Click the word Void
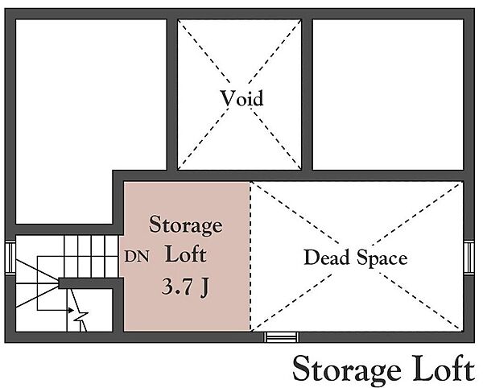(x=242, y=98)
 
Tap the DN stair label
(x=137, y=256)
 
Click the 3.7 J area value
(x=185, y=287)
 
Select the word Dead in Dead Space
(x=327, y=258)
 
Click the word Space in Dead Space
(x=382, y=259)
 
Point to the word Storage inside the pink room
(x=185, y=225)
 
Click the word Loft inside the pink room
(x=186, y=254)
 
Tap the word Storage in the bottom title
(x=347, y=369)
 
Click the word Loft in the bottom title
(x=444, y=368)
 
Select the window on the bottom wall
(x=281, y=337)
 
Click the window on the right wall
(x=469, y=258)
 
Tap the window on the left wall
(x=10, y=258)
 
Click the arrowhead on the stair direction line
(x=71, y=310)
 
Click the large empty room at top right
(x=388, y=94)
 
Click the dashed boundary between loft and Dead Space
(x=250, y=256)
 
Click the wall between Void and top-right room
(x=308, y=94)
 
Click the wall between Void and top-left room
(x=172, y=94)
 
